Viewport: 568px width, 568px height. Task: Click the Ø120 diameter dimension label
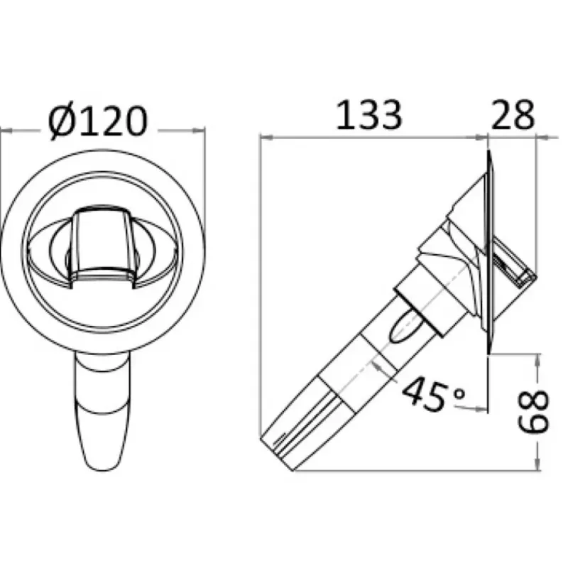tap(98, 121)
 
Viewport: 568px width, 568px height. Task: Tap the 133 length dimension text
tap(368, 115)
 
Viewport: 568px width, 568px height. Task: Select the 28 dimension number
tap(513, 114)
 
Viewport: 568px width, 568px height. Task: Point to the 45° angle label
tap(433, 395)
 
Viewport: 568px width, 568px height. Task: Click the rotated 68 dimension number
tap(534, 411)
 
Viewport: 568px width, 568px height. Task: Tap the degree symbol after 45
tap(459, 393)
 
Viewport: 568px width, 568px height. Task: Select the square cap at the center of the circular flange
tap(102, 246)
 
